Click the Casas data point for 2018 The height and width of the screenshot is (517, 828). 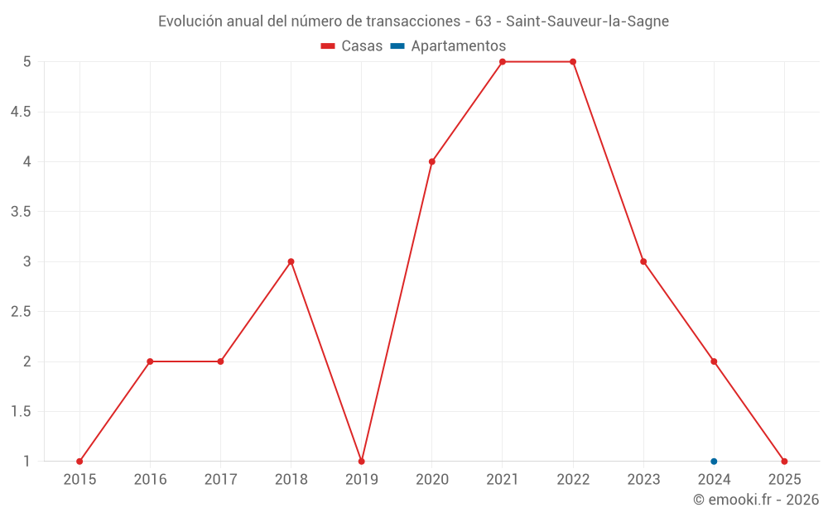pyautogui.click(x=291, y=261)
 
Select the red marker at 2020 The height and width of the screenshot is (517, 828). pyautogui.click(x=432, y=161)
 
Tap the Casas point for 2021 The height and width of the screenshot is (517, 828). pyautogui.click(x=503, y=62)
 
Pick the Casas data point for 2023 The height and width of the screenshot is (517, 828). pyautogui.click(x=643, y=261)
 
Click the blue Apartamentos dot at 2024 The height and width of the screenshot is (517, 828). pyautogui.click(x=714, y=462)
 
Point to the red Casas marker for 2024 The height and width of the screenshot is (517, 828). pyautogui.click(x=714, y=361)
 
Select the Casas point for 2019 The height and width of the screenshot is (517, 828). pyautogui.click(x=361, y=462)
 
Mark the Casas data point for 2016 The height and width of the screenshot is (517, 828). pyautogui.click(x=150, y=361)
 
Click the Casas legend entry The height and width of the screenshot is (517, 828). pyautogui.click(x=352, y=46)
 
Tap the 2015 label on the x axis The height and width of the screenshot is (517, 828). pyautogui.click(x=79, y=479)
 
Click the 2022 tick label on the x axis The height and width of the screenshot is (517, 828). pyautogui.click(x=573, y=479)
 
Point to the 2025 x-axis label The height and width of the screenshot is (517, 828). pyautogui.click(x=784, y=479)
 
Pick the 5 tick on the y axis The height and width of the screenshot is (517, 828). pyautogui.click(x=27, y=62)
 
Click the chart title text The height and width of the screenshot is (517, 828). pyautogui.click(x=413, y=21)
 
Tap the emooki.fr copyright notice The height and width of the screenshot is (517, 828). pyautogui.click(x=755, y=500)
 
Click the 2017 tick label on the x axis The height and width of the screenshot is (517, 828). pyautogui.click(x=220, y=479)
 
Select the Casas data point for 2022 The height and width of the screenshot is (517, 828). pyautogui.click(x=573, y=62)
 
